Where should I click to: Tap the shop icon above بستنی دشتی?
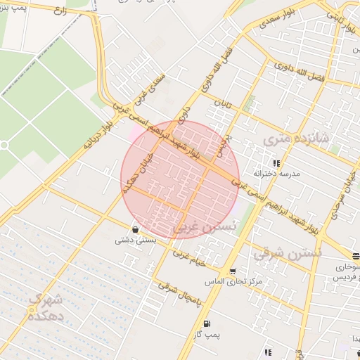click(134, 229)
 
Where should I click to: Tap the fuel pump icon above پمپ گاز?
click(206, 323)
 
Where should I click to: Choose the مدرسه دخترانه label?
click(281, 173)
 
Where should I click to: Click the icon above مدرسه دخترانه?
click(276, 163)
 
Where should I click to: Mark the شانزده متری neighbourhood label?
click(287, 140)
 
